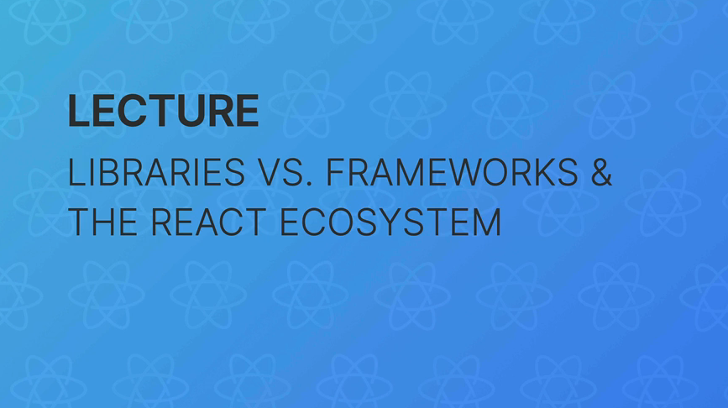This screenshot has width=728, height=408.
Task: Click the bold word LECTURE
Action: pos(163,111)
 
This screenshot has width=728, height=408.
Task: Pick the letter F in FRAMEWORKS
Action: pos(333,174)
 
